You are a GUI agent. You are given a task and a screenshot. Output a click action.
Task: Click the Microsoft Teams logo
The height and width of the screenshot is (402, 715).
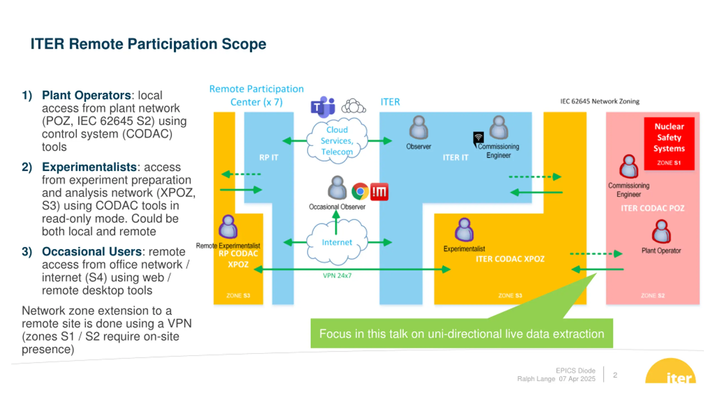click(x=323, y=107)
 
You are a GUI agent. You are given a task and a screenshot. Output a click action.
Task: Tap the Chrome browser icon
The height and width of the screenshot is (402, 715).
click(x=360, y=192)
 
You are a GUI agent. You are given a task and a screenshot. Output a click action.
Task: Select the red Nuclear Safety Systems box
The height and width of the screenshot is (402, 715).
click(x=669, y=143)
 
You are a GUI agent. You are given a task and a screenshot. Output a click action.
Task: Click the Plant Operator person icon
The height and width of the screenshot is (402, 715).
click(x=661, y=231)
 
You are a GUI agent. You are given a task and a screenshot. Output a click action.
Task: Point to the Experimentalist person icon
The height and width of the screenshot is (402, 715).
click(x=464, y=229)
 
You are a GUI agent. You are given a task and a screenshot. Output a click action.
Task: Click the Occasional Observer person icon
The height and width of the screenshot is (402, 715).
click(x=337, y=188)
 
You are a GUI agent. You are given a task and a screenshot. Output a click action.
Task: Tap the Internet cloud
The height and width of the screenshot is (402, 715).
click(x=337, y=242)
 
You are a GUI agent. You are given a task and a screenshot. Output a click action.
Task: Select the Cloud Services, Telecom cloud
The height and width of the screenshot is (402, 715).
click(x=337, y=140)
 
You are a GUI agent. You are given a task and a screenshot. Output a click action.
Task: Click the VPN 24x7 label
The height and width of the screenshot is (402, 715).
click(x=337, y=276)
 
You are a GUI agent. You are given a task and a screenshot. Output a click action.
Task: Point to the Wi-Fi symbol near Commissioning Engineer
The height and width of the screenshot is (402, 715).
click(x=478, y=137)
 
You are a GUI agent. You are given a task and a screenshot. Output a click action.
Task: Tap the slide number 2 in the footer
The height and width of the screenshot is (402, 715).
click(x=615, y=375)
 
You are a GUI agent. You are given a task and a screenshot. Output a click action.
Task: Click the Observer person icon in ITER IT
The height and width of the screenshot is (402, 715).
click(x=419, y=127)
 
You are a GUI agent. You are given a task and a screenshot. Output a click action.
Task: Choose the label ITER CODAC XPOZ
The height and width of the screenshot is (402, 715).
click(x=510, y=259)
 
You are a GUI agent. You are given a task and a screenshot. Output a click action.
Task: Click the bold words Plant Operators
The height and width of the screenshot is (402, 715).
click(x=86, y=95)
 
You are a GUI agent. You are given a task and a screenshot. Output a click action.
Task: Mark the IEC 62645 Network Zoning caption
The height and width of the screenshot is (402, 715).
click(x=600, y=101)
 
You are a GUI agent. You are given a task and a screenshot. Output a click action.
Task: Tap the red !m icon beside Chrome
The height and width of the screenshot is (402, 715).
click(x=379, y=192)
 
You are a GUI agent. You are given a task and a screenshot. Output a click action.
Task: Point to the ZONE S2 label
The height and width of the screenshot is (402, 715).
click(x=652, y=295)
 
